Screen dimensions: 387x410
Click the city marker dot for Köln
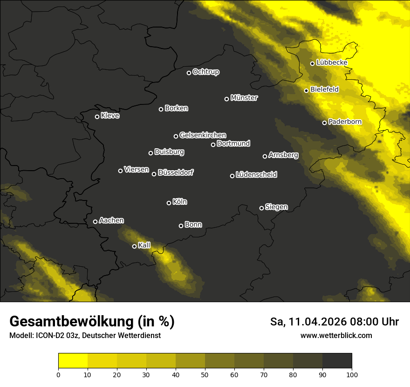coord(169,203)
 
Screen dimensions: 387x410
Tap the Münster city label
coord(244,98)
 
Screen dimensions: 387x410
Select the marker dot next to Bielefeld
coord(307,90)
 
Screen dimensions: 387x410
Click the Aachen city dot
coord(95,221)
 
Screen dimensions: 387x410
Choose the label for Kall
coord(144,245)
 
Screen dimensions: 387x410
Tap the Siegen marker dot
coord(261,208)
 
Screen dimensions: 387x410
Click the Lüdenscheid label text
coord(256,175)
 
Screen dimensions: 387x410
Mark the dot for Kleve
coord(97,117)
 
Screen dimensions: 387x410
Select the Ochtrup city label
coord(205,72)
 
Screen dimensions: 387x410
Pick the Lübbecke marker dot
coord(313,63)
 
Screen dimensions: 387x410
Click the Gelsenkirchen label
coord(203,135)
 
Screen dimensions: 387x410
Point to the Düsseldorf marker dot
coord(154,174)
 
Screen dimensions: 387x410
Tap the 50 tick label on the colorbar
coord(205,374)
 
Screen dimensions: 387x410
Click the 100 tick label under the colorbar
coord(352,374)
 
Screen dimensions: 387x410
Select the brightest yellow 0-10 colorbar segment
coord(73,361)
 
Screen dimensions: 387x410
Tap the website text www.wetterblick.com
coord(336,335)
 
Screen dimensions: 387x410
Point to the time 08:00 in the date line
coord(364,322)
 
